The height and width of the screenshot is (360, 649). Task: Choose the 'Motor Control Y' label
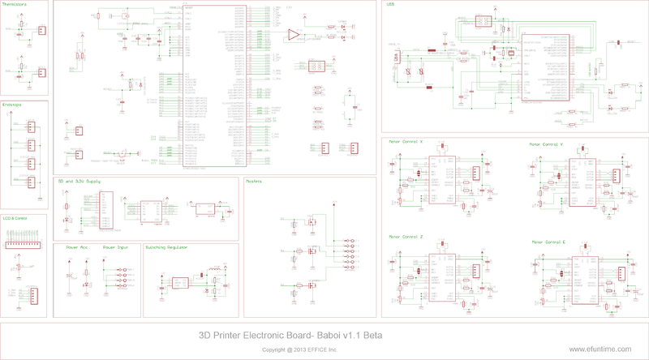(546, 145)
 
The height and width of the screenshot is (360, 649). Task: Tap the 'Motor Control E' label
(548, 242)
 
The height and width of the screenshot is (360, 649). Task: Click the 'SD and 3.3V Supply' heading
(78, 182)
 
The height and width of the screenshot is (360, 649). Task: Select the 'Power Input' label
(115, 247)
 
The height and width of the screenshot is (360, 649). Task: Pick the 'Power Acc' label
(78, 247)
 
